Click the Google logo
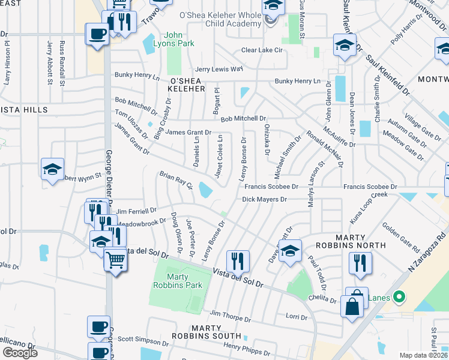20,353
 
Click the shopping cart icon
115,260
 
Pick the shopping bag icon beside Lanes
352,307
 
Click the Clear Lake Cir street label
262,50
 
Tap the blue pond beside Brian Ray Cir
205,190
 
